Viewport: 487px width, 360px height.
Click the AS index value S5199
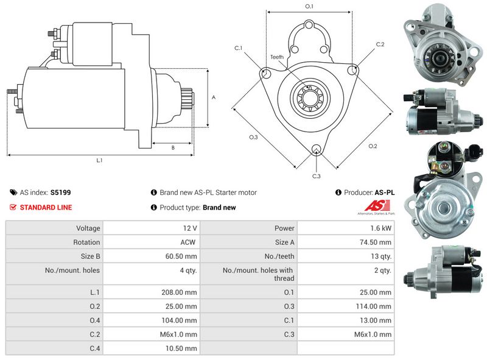coord(60,192)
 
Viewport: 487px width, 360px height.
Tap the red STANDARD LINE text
coord(46,207)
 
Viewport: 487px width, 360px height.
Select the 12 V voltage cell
coord(190,228)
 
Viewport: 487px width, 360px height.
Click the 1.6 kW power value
coord(381,228)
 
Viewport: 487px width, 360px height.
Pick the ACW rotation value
coord(188,242)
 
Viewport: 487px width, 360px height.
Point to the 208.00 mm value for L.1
coord(179,292)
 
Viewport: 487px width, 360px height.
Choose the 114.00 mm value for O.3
coord(373,306)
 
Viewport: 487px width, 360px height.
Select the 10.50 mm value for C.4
coord(181,348)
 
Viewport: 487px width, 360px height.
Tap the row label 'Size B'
coord(90,256)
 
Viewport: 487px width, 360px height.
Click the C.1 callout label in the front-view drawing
coord(238,48)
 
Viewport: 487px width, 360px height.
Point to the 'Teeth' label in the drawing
coord(277,57)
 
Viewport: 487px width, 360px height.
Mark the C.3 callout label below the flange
coord(316,176)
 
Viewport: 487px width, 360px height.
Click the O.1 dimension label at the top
coord(309,6)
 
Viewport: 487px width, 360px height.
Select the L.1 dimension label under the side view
coord(99,160)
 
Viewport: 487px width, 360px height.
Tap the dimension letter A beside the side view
coord(214,97)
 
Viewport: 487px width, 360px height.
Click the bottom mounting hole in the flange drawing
coord(316,149)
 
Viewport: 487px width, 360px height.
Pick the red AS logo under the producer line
coord(376,206)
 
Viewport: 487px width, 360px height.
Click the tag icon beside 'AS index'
coord(13,192)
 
